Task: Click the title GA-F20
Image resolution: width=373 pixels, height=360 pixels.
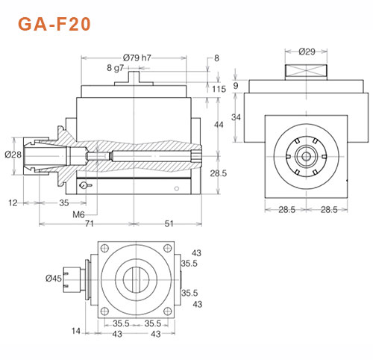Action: tap(54, 24)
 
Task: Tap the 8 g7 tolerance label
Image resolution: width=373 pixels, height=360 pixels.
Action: tap(115, 68)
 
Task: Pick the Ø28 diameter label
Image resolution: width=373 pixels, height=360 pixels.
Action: tap(13, 155)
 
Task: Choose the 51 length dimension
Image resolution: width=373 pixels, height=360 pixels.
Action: tap(169, 224)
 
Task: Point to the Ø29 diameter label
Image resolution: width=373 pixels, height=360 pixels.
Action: tap(307, 52)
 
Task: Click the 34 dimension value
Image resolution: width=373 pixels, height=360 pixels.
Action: tap(236, 118)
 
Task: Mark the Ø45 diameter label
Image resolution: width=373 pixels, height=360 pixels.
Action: tap(54, 279)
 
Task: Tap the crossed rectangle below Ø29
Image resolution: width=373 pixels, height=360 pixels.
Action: tap(307, 71)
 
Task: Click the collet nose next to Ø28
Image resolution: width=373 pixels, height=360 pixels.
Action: tap(34, 155)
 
